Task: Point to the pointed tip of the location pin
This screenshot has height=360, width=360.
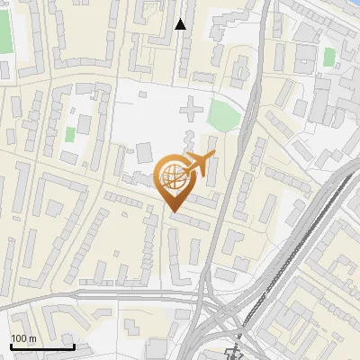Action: (174, 211)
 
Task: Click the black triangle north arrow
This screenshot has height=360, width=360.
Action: (181, 24)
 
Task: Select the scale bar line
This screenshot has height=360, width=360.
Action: (41, 346)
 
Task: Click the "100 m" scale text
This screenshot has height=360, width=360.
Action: (23, 338)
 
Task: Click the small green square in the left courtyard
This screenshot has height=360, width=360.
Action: (70, 134)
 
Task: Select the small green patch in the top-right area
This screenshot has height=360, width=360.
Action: (328, 56)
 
